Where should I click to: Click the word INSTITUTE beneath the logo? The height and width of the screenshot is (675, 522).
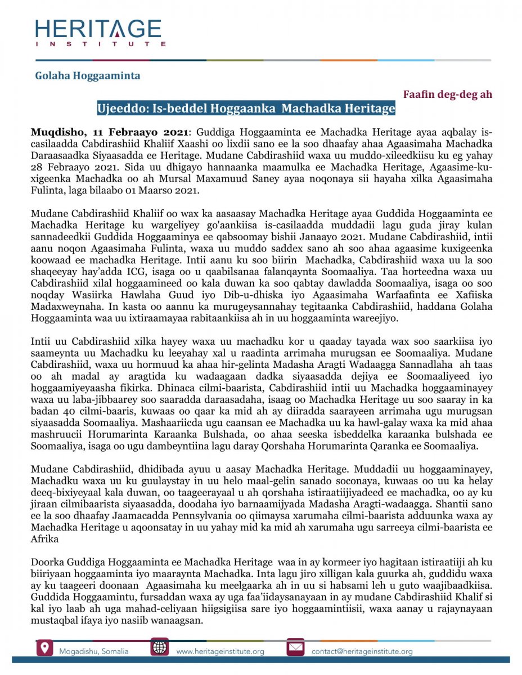tap(101, 43)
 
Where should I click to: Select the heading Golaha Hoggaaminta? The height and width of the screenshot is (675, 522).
tap(88, 75)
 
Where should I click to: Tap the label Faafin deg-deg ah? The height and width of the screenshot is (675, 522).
tap(448, 94)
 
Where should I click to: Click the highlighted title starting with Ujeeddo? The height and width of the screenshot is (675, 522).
tap(246, 108)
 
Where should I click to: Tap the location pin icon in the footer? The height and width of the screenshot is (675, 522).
tap(44, 647)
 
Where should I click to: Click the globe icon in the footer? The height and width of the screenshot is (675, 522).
tap(160, 647)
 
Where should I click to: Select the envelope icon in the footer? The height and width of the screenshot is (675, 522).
tap(295, 647)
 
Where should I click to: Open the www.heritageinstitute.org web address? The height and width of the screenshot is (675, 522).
tap(220, 651)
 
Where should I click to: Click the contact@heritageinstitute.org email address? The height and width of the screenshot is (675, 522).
tap(362, 651)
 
